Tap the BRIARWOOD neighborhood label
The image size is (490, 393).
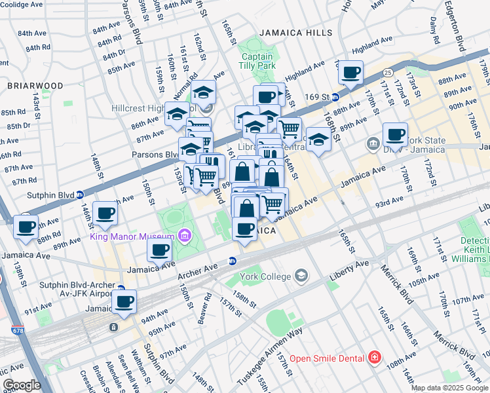pos(35,86)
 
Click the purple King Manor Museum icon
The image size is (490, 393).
pos(185,236)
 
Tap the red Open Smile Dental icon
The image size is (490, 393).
pos(373,358)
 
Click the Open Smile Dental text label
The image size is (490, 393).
pos(328,358)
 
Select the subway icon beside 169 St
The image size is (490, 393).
pos(335,97)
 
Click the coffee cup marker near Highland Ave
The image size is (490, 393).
pos(351,72)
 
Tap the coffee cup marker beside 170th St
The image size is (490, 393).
pos(395,134)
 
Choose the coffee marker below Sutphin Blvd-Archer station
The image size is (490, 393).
pos(124,302)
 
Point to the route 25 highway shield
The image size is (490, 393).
pos(388,71)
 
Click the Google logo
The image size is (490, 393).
pos(22,385)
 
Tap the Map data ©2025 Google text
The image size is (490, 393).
pos(449,388)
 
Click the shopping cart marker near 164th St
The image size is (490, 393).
pos(288,128)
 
